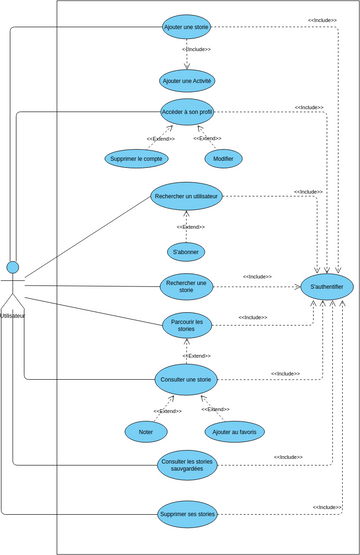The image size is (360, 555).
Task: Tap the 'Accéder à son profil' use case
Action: click(187, 112)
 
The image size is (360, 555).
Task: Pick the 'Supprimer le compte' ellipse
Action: click(137, 158)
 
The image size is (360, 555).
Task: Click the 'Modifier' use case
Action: click(223, 158)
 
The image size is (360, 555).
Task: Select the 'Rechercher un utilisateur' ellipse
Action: click(187, 196)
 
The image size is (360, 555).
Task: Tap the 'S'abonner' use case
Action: click(186, 252)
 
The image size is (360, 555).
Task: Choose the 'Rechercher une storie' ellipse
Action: click(187, 287)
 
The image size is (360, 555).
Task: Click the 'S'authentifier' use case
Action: click(327, 287)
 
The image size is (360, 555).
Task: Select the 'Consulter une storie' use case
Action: click(186, 379)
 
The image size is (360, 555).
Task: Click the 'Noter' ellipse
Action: click(146, 431)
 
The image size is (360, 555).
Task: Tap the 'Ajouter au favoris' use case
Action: click(234, 431)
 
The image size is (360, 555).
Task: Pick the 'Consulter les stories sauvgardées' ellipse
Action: click(187, 464)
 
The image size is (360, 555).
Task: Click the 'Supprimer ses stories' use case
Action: click(187, 515)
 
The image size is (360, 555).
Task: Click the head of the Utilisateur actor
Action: click(13, 267)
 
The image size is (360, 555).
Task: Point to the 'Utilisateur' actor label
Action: click(13, 315)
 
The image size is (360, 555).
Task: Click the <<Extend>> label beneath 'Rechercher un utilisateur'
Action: click(186, 227)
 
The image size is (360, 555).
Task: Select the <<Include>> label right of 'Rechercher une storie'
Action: click(257, 276)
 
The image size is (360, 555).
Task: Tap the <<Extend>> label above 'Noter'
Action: click(167, 411)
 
